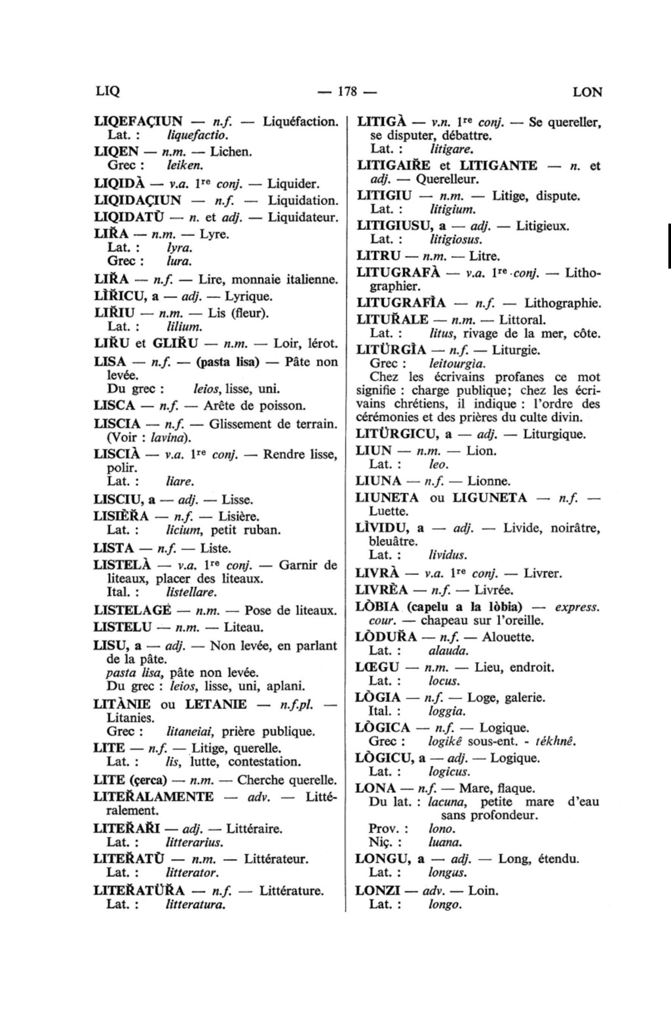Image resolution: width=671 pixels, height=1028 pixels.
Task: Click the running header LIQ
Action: (x=107, y=92)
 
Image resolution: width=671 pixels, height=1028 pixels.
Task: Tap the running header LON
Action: (x=587, y=92)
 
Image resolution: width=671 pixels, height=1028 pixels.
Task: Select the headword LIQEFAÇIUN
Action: (x=138, y=122)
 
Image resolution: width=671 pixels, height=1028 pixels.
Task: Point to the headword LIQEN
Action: (x=117, y=152)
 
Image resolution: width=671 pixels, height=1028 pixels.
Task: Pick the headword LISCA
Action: (x=115, y=406)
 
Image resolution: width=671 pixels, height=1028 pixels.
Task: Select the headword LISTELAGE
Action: (x=133, y=611)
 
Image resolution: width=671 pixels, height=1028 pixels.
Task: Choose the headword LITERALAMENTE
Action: (x=154, y=797)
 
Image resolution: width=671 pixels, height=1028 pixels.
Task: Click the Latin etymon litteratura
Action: (x=196, y=905)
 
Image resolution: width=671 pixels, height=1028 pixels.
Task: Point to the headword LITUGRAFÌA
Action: (x=401, y=303)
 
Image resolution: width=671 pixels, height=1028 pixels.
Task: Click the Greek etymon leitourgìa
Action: (x=457, y=363)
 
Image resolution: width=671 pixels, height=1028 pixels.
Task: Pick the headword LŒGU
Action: (x=377, y=668)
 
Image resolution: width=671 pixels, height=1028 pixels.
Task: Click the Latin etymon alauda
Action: (x=448, y=651)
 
